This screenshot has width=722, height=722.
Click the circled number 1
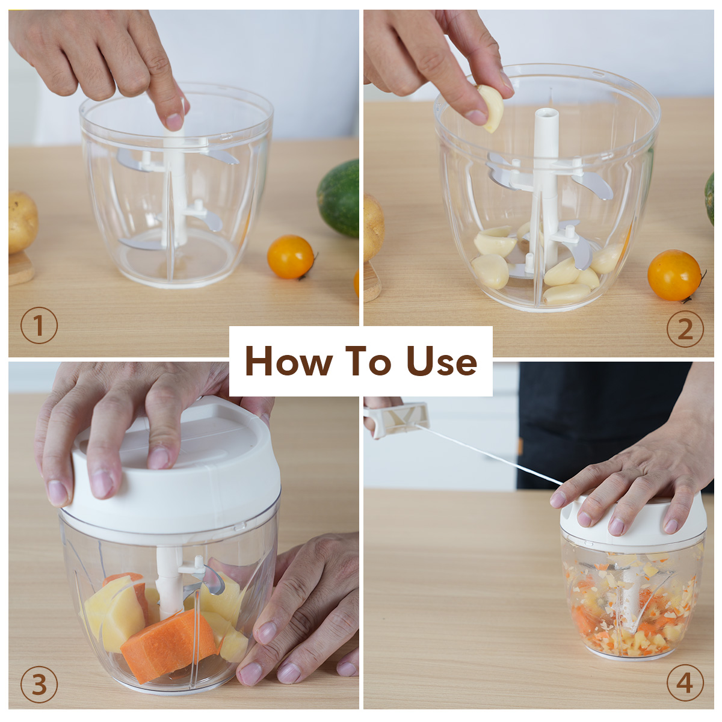pos(39,326)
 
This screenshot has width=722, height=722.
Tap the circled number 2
pos(685,329)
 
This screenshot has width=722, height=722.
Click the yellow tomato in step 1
pos(291,257)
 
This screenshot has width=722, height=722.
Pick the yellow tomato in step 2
pos(674,276)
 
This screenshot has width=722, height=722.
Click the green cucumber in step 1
pos(338,198)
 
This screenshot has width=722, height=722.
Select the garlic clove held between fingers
pos(491,108)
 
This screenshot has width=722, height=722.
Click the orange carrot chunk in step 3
pos(168,643)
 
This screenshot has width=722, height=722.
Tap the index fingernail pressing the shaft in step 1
pos(174,121)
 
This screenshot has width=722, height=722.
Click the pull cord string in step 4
pos(495,454)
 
